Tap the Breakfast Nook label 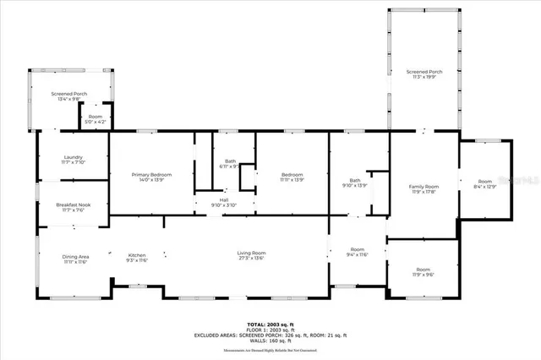tap(73, 207)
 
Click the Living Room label tap(251, 255)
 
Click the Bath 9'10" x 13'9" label tap(354, 183)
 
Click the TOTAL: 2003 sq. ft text tap(270, 325)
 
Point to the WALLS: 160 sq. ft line tap(270, 341)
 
